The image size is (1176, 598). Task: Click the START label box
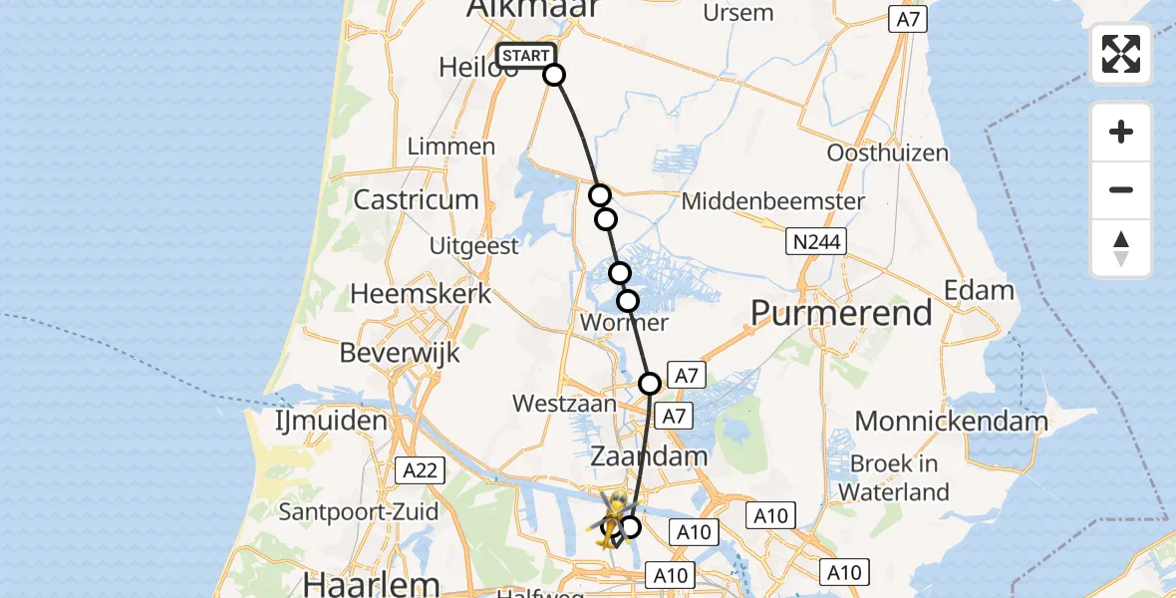click(525, 56)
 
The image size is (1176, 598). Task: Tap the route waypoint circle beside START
click(554, 75)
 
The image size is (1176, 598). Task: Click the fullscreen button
click(1121, 54)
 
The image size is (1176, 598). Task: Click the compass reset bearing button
click(1121, 248)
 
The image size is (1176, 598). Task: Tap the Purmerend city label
click(841, 313)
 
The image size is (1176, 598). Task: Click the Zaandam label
click(650, 456)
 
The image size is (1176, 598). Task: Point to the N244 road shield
click(815, 241)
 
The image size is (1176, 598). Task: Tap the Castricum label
click(417, 199)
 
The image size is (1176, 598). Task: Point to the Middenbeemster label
click(773, 201)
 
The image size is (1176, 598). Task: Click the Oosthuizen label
click(888, 153)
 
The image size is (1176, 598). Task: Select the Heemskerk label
click(422, 294)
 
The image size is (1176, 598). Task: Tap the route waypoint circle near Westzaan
click(650, 383)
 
